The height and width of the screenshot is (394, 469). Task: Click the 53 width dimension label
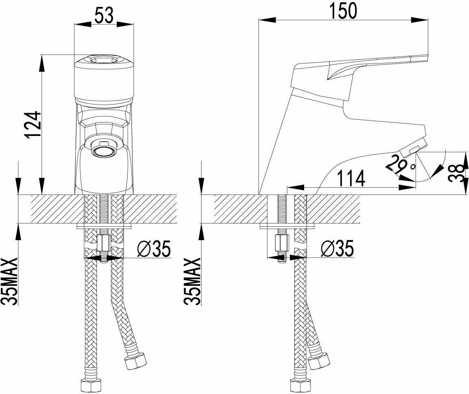coord(104,15)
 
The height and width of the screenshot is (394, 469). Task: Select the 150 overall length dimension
coord(343,11)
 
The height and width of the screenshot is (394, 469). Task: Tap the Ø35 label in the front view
coord(154,248)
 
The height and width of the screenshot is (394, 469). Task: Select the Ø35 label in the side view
coord(337,248)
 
